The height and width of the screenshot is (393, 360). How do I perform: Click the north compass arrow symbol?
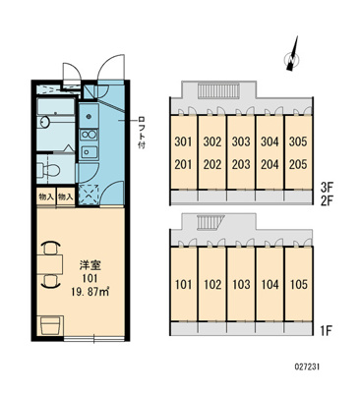292,54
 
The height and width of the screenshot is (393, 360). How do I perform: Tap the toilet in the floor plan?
48,170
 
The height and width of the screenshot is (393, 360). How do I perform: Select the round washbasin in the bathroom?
44,122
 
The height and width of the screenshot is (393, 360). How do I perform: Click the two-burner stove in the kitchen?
89,135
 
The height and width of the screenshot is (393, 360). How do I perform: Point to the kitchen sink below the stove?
90,151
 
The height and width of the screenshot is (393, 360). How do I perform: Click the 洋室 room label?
90,265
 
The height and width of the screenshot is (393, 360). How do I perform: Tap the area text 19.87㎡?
90,292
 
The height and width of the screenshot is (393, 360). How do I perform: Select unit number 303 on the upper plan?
241,141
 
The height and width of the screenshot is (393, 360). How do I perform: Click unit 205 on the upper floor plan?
298,164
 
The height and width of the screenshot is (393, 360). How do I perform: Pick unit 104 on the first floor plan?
270,285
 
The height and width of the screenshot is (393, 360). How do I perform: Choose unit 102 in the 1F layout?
212,285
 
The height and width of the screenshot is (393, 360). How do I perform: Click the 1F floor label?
326,331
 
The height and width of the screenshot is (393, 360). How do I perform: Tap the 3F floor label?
327,188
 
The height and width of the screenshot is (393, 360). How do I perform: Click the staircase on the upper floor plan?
219,90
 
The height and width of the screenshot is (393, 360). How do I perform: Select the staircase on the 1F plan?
210,223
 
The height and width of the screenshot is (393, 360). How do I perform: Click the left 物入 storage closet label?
46,196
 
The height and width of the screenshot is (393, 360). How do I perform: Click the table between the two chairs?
49,264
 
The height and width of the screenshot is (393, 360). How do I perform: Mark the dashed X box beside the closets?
89,195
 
